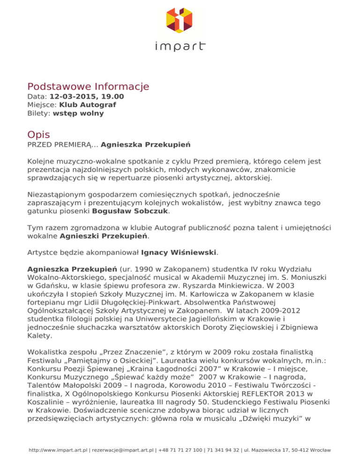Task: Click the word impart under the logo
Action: coord(180,46)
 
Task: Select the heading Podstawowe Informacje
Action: coord(88,87)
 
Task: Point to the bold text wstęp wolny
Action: coord(78,113)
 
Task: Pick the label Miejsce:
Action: coord(42,105)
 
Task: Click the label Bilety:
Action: coord(38,113)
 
